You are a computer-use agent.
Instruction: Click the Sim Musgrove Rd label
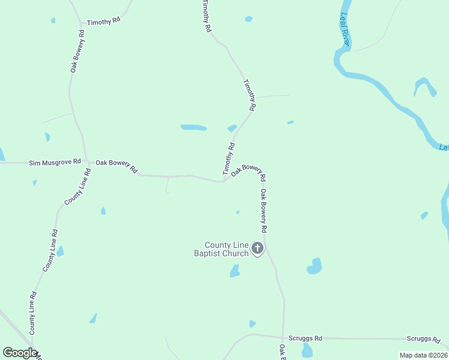point(55,162)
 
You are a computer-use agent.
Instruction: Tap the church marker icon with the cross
point(258,248)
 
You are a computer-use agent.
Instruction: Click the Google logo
point(20,353)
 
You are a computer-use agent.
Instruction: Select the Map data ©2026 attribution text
point(423,355)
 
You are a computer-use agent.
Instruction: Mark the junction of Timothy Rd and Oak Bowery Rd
point(224,180)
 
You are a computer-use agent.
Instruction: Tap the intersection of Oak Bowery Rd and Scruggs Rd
point(283,338)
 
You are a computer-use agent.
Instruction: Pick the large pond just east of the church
point(315,266)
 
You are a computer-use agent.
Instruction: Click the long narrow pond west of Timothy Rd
point(193,127)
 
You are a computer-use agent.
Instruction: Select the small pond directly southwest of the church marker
point(235,271)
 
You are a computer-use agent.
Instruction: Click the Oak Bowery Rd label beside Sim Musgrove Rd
point(116,166)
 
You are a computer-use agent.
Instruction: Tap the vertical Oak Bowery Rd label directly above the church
point(263,211)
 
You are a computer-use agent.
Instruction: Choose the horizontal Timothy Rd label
point(103,22)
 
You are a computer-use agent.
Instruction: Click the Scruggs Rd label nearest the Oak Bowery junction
point(305,338)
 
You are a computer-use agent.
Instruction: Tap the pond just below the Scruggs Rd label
point(307,350)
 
